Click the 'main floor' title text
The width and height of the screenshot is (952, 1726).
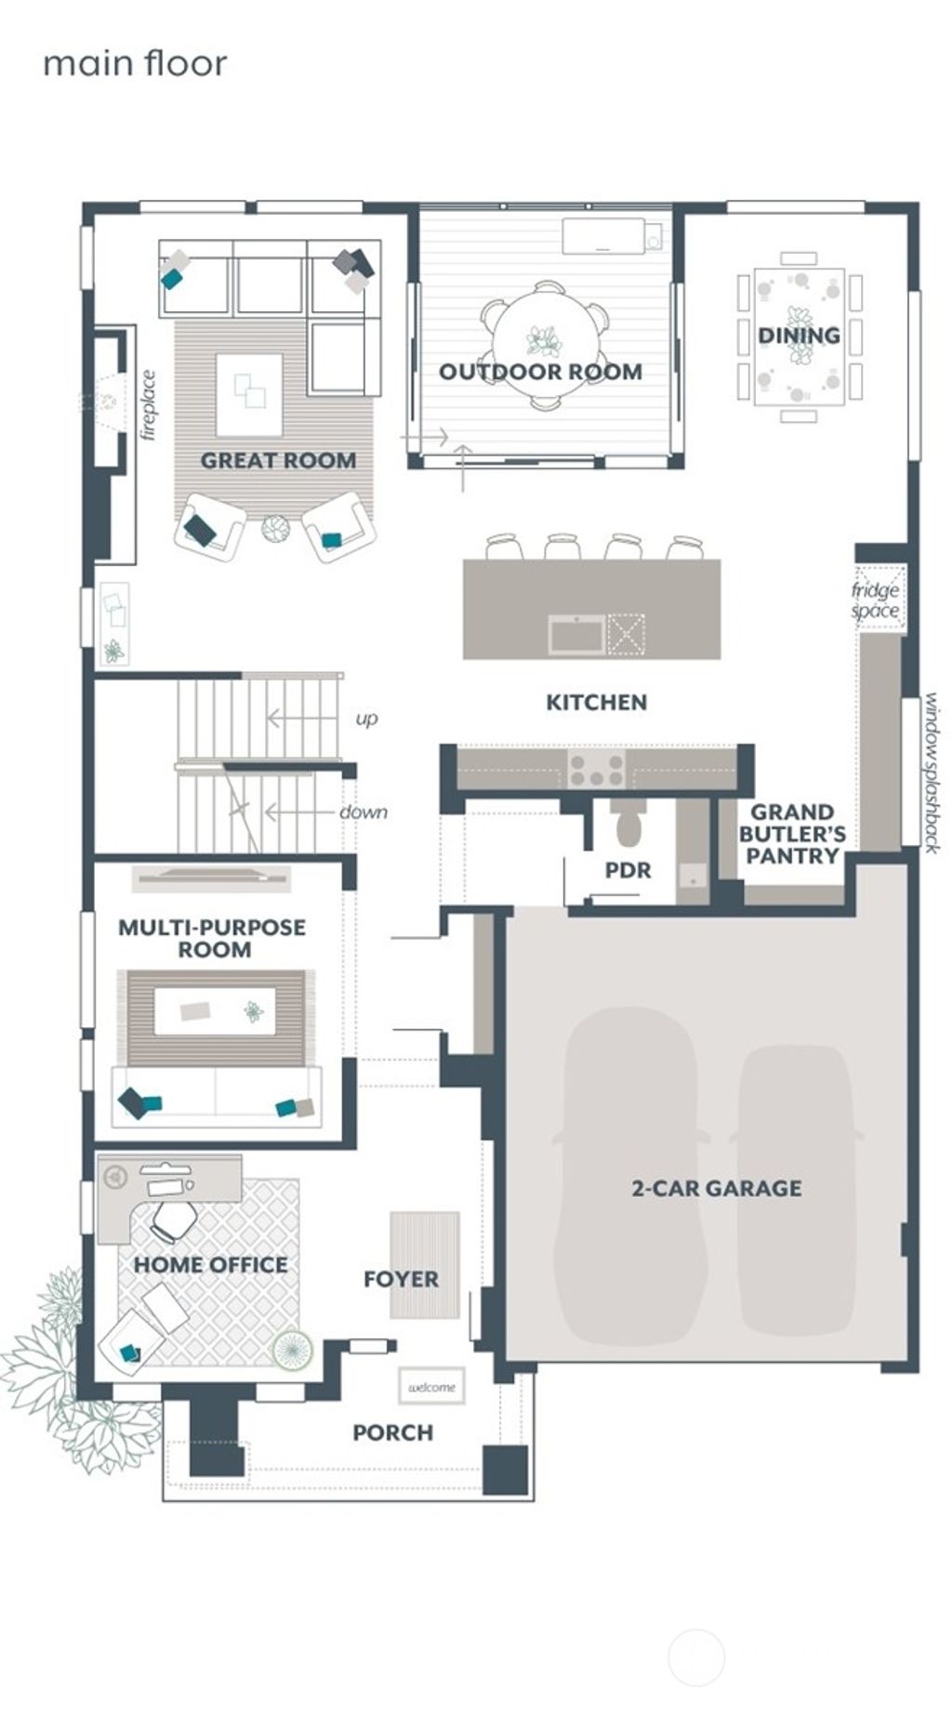[x=135, y=63]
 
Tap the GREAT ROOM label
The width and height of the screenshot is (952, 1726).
[x=278, y=460]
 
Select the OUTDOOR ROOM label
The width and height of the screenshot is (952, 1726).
[x=540, y=372]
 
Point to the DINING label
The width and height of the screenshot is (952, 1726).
[x=799, y=336]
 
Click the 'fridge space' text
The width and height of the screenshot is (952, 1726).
[x=876, y=600]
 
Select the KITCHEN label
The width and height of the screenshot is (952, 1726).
[x=596, y=702]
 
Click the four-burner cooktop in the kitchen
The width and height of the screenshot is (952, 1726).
[x=596, y=769]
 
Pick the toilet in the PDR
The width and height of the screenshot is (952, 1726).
[x=629, y=826]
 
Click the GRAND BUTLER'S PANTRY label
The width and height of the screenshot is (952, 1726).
[x=792, y=834]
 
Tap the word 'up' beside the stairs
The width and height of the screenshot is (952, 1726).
[x=366, y=718]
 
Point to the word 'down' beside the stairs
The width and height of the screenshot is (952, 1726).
[x=363, y=811]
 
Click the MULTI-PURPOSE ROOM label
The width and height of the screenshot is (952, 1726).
[x=212, y=938]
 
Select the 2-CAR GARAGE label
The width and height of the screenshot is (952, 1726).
[x=716, y=1188]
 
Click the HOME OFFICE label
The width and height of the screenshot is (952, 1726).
[x=210, y=1264]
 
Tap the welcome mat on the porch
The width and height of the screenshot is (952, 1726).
[x=431, y=1387]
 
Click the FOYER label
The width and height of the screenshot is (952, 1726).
[x=401, y=1279]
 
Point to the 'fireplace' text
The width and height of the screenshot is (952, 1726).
[x=148, y=405]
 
